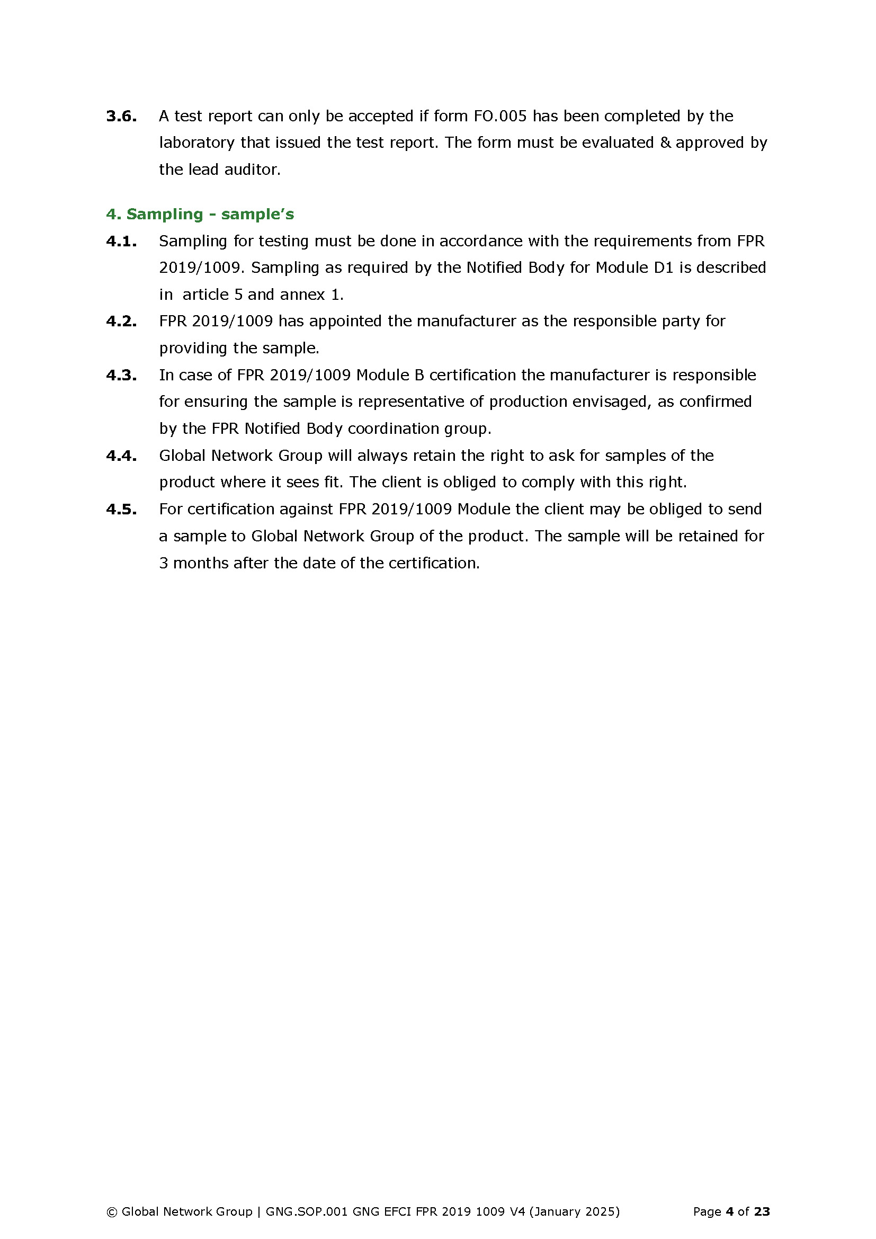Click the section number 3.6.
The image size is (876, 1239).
click(121, 116)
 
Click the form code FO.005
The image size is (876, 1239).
click(500, 116)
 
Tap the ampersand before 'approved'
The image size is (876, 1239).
click(665, 142)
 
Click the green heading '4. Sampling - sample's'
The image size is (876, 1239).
click(200, 214)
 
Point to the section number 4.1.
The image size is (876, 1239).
click(121, 241)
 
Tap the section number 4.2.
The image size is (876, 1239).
click(121, 321)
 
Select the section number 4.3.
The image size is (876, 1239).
click(121, 375)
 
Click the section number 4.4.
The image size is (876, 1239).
click(121, 456)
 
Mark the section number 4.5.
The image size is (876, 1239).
click(121, 509)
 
